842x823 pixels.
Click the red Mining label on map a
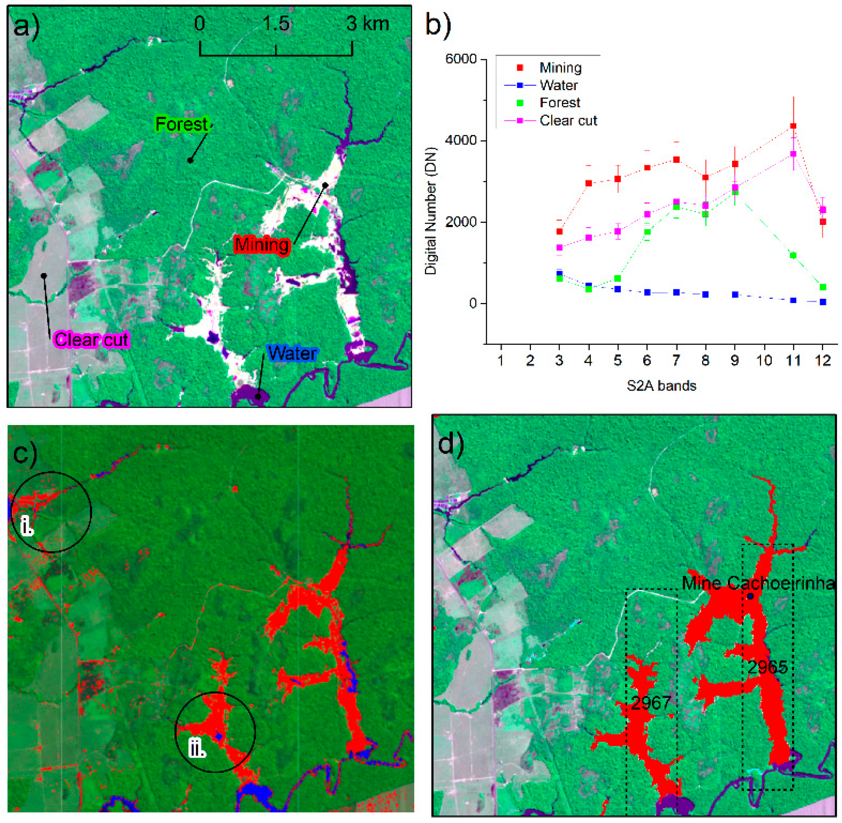tap(262, 245)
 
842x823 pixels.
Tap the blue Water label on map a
tap(292, 353)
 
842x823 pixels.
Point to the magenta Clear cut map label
tap(91, 339)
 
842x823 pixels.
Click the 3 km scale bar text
tap(367, 24)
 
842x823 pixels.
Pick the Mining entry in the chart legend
tap(560, 68)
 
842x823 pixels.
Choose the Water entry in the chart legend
tap(558, 85)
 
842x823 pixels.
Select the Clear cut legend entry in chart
tap(568, 120)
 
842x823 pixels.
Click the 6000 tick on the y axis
tap(461, 59)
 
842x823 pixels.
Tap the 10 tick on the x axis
tap(764, 360)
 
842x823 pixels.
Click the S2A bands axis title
tap(661, 385)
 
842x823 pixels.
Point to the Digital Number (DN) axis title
tap(431, 211)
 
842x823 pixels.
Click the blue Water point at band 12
tap(822, 302)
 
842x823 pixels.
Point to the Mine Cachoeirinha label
tap(758, 584)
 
